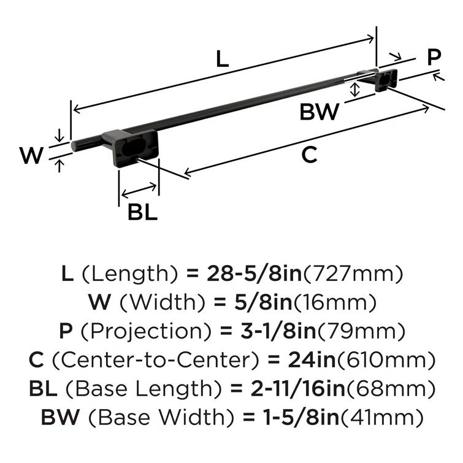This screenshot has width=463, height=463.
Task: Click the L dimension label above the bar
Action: click(x=222, y=59)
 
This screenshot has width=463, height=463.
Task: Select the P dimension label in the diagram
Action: click(x=434, y=58)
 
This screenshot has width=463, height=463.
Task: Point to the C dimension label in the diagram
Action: click(x=310, y=155)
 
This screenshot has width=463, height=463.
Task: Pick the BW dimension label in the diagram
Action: click(x=319, y=112)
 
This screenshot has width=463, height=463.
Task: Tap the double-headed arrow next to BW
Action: click(x=354, y=90)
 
